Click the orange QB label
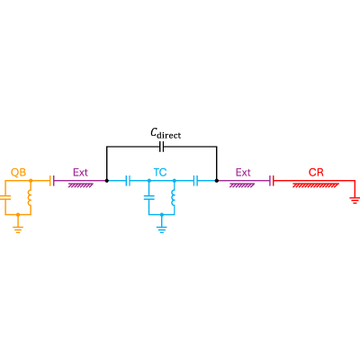coord(19,173)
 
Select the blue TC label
coord(160,173)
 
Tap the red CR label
coord(316,173)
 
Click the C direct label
coord(166,133)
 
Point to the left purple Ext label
coord(80,173)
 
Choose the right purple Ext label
coord(243,173)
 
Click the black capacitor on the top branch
coord(161,147)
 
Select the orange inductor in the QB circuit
coord(30,198)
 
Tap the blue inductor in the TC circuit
coord(173,198)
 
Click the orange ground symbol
coord(18,229)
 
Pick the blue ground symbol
coord(162,229)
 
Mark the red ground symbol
coord(355,200)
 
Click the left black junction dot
coord(106,181)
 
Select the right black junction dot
coord(217,181)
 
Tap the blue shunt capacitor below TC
coord(148,198)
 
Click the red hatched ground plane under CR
coord(316,185)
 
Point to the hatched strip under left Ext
coord(80,185)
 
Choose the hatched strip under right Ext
coord(242,185)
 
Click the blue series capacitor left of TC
coord(128,181)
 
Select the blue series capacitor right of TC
coord(195,181)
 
